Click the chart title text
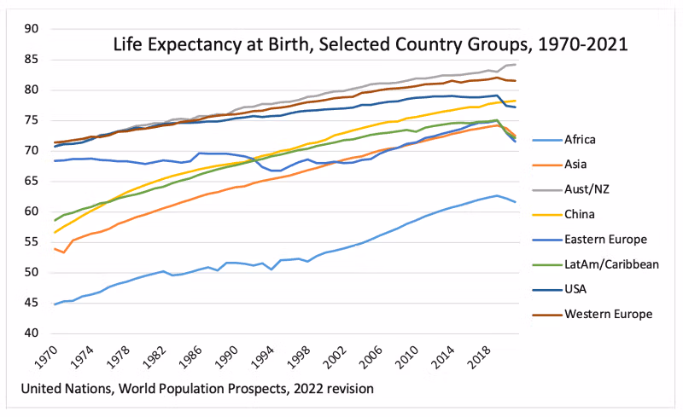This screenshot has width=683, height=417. click(x=371, y=44)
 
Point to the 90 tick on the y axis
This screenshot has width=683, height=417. click(x=32, y=29)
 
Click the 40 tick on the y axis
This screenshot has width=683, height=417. click(x=32, y=333)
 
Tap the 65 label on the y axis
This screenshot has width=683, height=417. click(x=32, y=182)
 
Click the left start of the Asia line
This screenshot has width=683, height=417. click(x=55, y=249)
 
